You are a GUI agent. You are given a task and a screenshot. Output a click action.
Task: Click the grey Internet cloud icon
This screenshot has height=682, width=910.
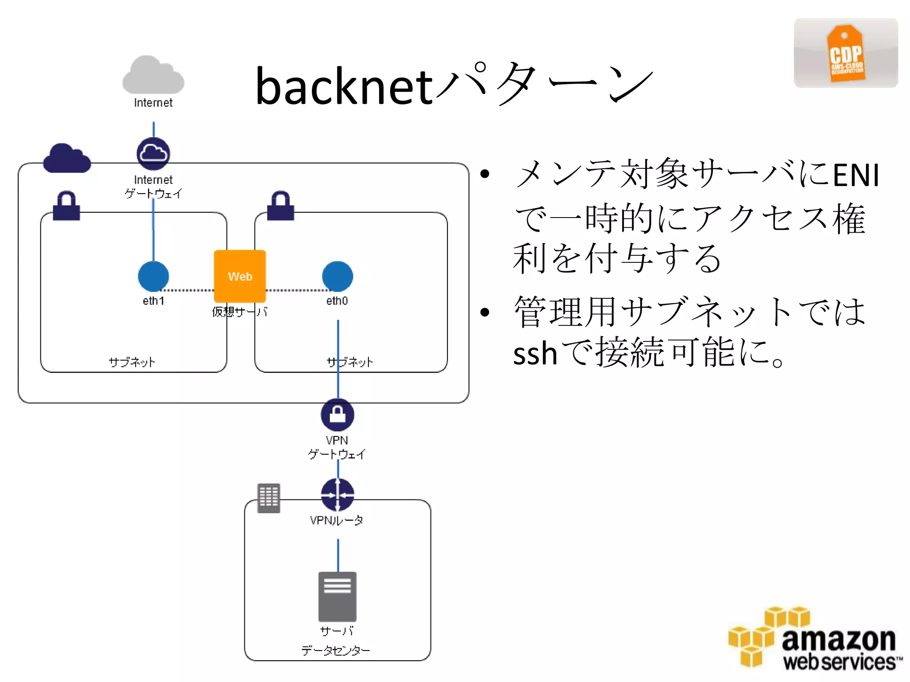(153, 75)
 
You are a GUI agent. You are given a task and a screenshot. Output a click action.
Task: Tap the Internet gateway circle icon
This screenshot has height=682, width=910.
(153, 154)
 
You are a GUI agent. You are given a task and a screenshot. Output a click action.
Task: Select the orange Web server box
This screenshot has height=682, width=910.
(240, 276)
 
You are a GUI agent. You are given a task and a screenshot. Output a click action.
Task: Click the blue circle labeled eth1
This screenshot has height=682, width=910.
(153, 276)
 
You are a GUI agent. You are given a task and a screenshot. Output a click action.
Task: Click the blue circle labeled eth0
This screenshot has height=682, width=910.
(337, 276)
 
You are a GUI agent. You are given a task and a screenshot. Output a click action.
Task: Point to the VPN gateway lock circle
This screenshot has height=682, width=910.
(337, 415)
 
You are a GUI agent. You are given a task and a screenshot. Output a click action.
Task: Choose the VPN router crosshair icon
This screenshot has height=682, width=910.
(337, 495)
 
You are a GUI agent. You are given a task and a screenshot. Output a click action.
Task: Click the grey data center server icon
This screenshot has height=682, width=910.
(337, 596)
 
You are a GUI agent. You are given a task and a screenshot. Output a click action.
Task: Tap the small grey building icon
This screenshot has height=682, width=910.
(269, 498)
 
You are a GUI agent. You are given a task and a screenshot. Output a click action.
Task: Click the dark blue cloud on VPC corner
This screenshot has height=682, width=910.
(67, 159)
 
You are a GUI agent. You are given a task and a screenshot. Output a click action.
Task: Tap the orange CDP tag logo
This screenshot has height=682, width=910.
(846, 54)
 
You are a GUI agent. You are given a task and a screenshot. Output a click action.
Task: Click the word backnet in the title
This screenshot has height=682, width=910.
(344, 87)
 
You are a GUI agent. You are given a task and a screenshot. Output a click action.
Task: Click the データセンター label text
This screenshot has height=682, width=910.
(335, 650)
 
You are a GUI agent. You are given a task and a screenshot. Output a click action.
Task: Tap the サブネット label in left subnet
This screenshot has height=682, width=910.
(132, 362)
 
